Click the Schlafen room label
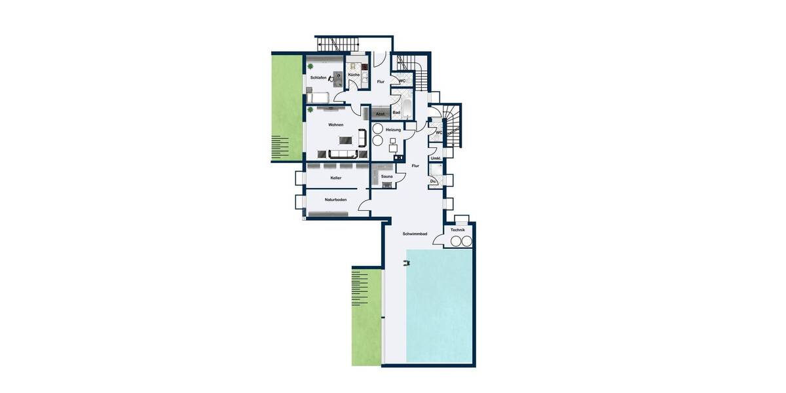[318, 78]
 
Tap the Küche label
[354, 75]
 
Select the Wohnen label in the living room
[335, 124]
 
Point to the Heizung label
[393, 130]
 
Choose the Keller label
[335, 178]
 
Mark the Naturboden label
[335, 199]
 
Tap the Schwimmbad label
[415, 234]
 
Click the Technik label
[457, 231]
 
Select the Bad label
[396, 113]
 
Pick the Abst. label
[380, 113]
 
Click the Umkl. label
[435, 159]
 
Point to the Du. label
[433, 181]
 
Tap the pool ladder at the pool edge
[407, 263]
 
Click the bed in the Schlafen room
[318, 98]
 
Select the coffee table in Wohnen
[344, 140]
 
